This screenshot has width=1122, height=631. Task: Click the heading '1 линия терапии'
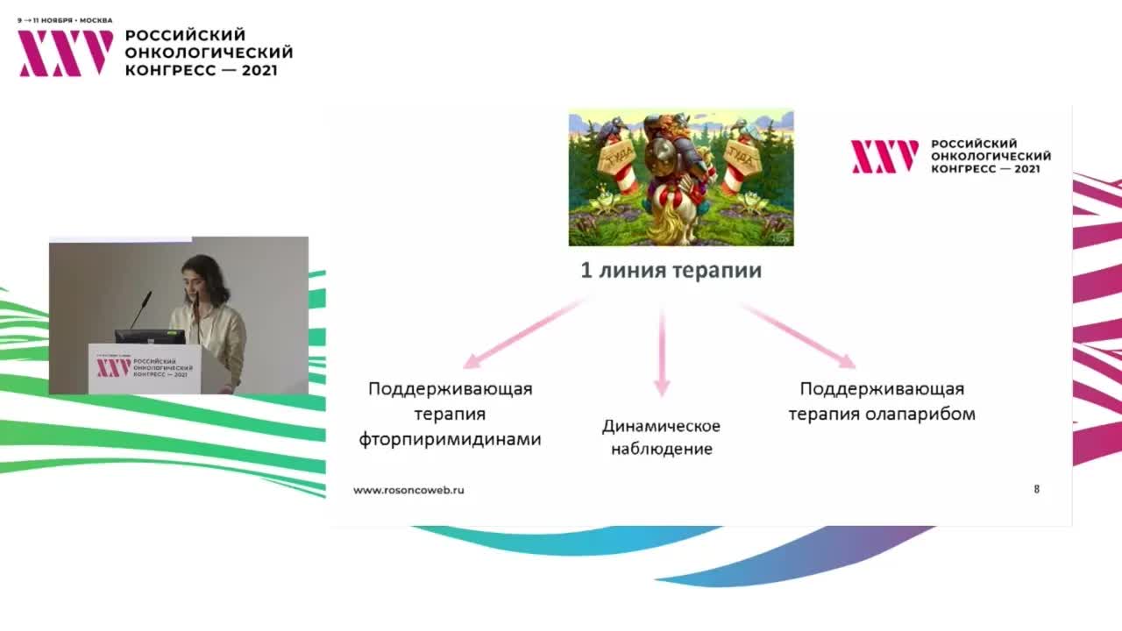click(x=671, y=271)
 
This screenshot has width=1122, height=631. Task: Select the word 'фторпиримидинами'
click(x=450, y=439)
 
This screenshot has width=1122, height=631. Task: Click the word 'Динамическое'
click(x=661, y=426)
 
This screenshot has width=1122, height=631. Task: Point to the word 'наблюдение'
click(x=661, y=450)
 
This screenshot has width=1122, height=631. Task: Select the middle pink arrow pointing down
click(x=662, y=351)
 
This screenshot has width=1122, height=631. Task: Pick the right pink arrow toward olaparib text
click(x=798, y=336)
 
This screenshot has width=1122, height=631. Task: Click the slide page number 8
click(x=1037, y=489)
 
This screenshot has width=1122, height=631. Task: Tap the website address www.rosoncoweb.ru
click(x=408, y=490)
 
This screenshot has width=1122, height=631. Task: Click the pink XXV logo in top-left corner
click(x=66, y=53)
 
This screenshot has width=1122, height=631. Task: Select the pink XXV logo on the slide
click(x=884, y=156)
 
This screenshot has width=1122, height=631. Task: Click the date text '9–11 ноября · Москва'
click(x=65, y=20)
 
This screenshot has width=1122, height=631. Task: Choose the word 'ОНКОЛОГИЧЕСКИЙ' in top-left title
click(x=209, y=53)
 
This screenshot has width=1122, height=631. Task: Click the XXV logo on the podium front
click(x=113, y=367)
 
